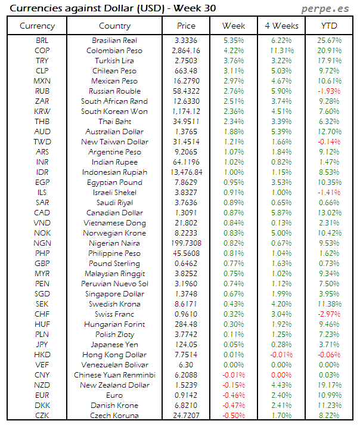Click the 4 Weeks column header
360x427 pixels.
pyautogui.click(x=281, y=26)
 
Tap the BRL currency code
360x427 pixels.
pyautogui.click(x=42, y=41)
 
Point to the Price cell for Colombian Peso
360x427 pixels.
pyautogui.click(x=186, y=51)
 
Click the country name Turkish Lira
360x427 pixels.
pyautogui.click(x=114, y=61)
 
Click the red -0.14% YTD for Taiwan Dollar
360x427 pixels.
pyautogui.click(x=330, y=142)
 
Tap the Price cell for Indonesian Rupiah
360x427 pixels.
pyautogui.click(x=186, y=172)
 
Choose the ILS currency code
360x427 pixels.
pyautogui.click(x=42, y=193)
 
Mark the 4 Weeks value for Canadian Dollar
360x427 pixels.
pyautogui.click(x=281, y=213)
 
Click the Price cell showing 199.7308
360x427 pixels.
pyautogui.click(x=186, y=243)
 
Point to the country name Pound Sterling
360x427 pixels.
pyautogui.click(x=114, y=264)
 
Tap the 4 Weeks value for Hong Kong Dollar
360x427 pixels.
pyautogui.click(x=281, y=355)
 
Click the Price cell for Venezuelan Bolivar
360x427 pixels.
pyautogui.click(x=186, y=365)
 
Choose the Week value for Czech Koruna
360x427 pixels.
pyautogui.click(x=233, y=416)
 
